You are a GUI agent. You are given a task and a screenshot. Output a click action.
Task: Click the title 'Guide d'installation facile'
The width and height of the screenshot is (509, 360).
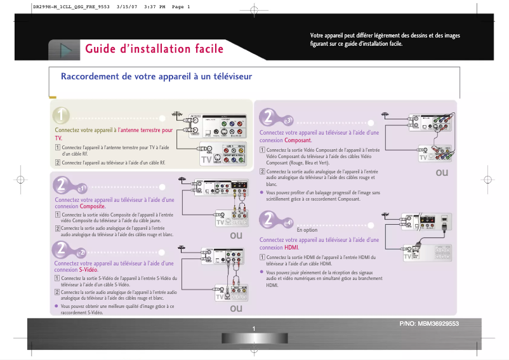(x=154, y=49)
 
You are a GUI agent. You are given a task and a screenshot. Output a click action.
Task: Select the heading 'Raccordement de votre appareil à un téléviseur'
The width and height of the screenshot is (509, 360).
(x=156, y=77)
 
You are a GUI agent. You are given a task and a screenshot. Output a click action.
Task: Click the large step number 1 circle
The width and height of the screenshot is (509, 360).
(x=62, y=116)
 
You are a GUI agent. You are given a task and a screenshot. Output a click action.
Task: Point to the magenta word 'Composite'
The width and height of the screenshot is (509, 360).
(x=92, y=206)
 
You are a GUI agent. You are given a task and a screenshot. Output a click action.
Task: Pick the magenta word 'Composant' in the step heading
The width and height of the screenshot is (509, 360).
(x=298, y=140)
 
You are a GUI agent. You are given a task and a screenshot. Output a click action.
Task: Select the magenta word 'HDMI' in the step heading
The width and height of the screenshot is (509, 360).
(x=291, y=247)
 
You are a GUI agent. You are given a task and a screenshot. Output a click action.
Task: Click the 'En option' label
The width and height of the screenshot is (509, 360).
(x=307, y=229)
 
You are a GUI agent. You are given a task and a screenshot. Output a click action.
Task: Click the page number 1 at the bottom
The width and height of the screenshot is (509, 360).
(x=253, y=328)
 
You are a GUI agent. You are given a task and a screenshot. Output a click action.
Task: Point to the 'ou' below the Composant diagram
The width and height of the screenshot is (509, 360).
(x=442, y=173)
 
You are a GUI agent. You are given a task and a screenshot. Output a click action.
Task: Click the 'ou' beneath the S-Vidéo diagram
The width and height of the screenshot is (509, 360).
(x=236, y=308)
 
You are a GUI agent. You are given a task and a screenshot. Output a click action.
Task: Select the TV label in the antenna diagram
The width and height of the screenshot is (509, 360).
(x=206, y=160)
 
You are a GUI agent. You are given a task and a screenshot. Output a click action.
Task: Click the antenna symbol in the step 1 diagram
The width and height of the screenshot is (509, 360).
(x=177, y=115)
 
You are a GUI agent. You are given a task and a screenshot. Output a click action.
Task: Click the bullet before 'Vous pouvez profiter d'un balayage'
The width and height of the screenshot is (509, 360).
(x=262, y=192)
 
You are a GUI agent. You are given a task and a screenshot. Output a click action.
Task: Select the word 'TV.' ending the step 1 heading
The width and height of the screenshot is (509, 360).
(x=58, y=137)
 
